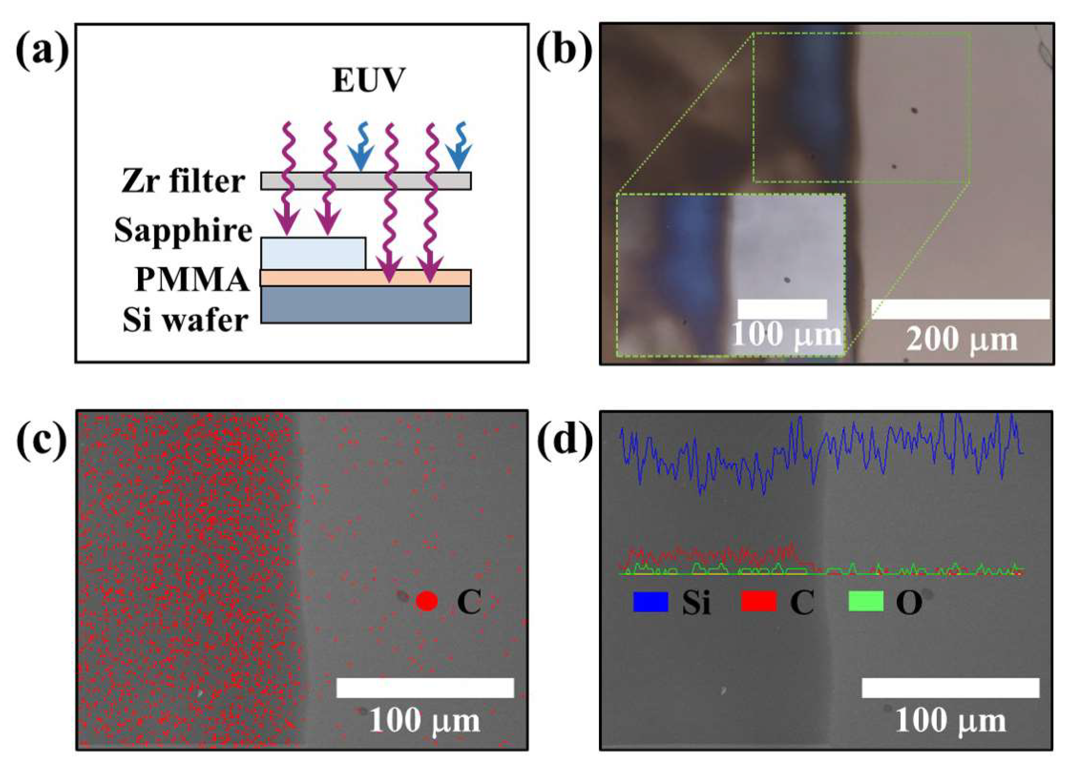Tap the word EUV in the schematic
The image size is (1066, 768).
click(368, 81)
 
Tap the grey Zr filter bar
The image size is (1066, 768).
click(366, 181)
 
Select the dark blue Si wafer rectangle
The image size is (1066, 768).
click(366, 304)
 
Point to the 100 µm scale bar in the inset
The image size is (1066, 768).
click(782, 309)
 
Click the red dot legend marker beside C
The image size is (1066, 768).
click(427, 601)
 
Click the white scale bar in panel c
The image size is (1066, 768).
click(425, 688)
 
